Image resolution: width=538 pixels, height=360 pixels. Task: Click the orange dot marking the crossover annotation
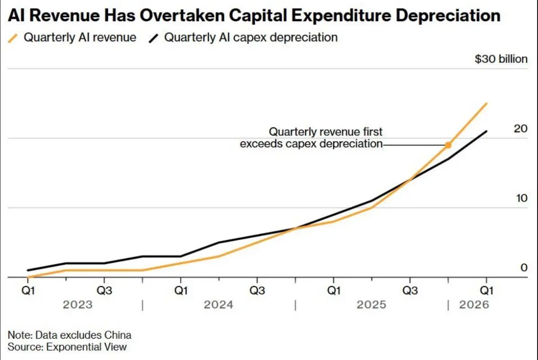(x=448, y=145)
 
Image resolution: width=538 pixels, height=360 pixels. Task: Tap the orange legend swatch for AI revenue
(x=13, y=39)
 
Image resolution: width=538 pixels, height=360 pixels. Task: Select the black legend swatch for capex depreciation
(x=153, y=39)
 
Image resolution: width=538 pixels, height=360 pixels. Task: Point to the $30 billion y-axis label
(x=501, y=59)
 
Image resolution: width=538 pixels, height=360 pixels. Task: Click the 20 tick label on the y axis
(x=521, y=129)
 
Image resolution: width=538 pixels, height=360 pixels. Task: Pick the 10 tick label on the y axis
(x=521, y=198)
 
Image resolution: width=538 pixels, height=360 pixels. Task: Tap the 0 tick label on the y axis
(x=524, y=268)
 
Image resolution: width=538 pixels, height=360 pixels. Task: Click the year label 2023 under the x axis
(x=78, y=305)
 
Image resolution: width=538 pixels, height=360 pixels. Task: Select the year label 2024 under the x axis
(x=218, y=305)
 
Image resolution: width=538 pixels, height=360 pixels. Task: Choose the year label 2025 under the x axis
(x=371, y=305)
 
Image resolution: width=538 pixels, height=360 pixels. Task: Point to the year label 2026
(x=474, y=305)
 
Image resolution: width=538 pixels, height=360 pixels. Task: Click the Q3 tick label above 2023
(x=104, y=291)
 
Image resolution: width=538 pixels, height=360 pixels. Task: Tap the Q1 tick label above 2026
(x=486, y=291)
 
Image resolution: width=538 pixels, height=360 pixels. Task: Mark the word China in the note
(x=117, y=335)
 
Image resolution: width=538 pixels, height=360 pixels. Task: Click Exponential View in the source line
(x=86, y=347)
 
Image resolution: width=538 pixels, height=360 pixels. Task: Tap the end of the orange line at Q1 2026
(x=486, y=103)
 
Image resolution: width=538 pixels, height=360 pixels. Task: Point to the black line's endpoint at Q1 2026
(x=486, y=131)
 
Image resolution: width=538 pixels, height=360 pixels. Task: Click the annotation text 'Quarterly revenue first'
(x=325, y=132)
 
